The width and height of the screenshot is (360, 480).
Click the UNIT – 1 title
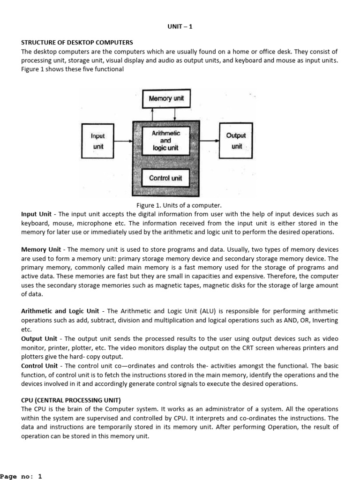(180, 27)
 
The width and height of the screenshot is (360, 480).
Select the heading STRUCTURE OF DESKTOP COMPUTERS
(77, 43)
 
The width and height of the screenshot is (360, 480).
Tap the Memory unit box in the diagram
(166, 98)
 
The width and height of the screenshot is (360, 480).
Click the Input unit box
(98, 141)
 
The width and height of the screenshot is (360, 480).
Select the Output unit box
(236, 140)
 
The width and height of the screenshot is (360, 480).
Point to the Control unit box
(166, 178)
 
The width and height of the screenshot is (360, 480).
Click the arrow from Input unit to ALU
(123, 141)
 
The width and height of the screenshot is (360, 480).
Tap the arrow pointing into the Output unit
(209, 141)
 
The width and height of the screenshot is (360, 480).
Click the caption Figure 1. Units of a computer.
(179, 205)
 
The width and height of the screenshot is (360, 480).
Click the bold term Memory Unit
(41, 249)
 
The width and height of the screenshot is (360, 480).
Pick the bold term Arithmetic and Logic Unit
(60, 311)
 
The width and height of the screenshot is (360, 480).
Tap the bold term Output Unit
(39, 338)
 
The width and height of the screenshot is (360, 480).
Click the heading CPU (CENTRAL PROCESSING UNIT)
(71, 400)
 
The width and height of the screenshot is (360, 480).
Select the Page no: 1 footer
(22, 476)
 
